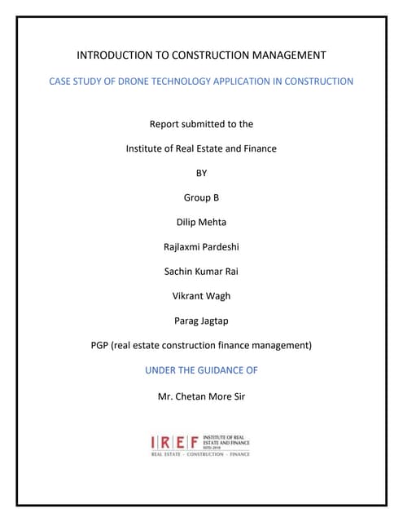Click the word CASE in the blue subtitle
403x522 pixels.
62,82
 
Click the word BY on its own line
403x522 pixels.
201,173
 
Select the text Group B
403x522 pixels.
201,197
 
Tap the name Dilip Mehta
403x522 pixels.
201,222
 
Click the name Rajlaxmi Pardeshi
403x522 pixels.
201,246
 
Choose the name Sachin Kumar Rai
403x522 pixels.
201,272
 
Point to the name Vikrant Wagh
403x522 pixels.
201,296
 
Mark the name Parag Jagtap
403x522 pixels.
201,321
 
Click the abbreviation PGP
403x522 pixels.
100,346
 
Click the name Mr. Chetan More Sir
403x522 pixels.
201,397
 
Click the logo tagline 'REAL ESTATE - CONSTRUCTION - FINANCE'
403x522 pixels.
200,454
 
